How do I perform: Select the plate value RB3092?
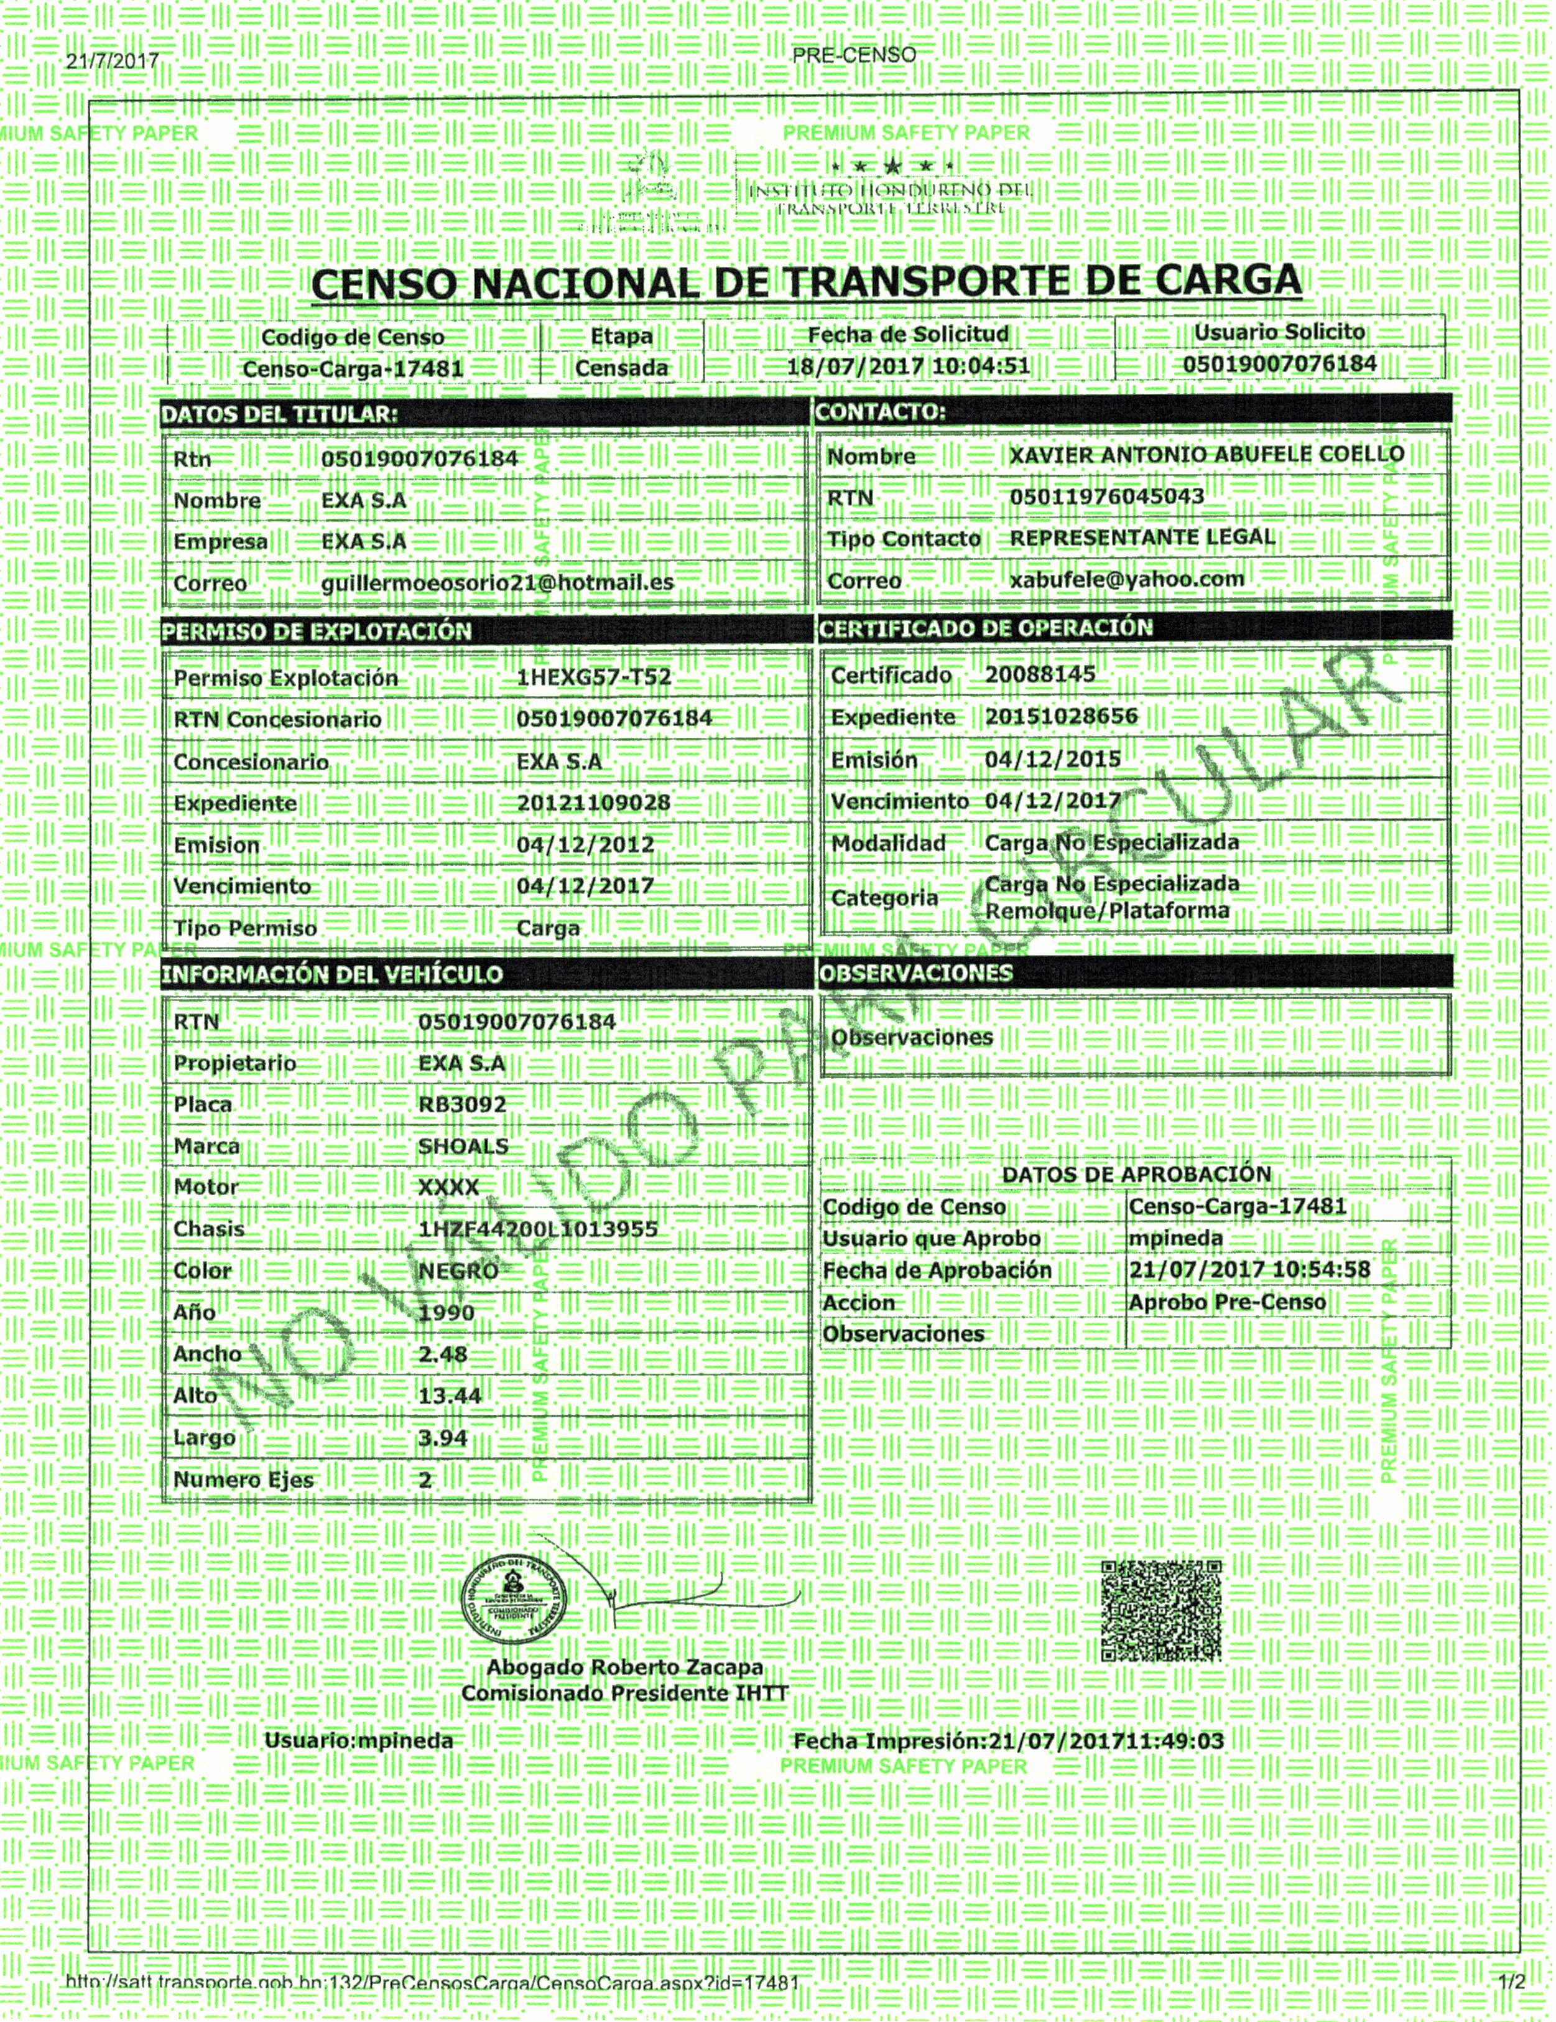462,1104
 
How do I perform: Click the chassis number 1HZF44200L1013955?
538,1229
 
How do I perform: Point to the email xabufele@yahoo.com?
1126,580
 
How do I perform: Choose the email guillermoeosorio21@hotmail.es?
497,584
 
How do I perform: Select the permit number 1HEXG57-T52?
593,678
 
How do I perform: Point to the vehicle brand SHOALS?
463,1146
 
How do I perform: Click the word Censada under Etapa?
621,368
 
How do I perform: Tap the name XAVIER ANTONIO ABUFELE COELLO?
1206,455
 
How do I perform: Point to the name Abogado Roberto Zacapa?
625,1667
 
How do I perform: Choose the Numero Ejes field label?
243,1479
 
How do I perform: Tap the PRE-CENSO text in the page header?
853,55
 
